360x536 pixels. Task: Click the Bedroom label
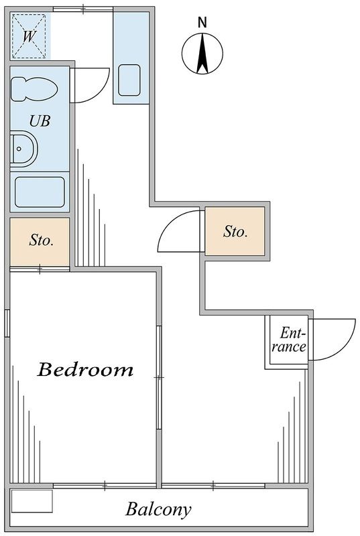click(85, 369)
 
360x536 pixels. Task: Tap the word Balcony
click(158, 509)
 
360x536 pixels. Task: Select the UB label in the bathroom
click(40, 121)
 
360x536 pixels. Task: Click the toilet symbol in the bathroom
click(34, 89)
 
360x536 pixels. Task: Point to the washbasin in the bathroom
click(23, 149)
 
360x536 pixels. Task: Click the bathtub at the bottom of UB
click(40, 192)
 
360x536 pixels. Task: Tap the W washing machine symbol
click(29, 36)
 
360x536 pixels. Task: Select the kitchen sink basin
click(129, 80)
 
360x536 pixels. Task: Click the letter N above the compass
click(202, 23)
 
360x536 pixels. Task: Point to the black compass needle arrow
click(202, 54)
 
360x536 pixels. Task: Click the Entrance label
click(289, 340)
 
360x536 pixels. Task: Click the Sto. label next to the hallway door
click(235, 231)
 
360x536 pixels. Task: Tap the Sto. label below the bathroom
click(42, 240)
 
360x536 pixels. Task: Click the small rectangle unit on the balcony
click(32, 501)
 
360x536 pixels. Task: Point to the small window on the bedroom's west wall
click(7, 323)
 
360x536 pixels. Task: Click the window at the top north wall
click(83, 9)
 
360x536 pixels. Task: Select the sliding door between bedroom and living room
click(159, 377)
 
